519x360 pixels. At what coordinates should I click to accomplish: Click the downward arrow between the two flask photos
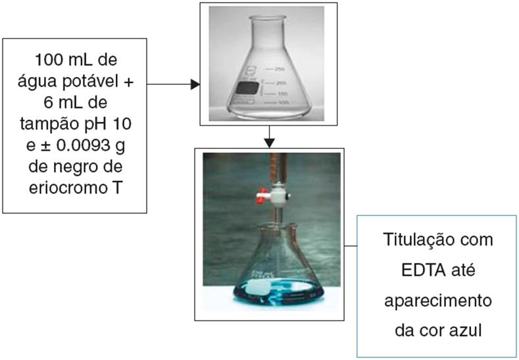(x=270, y=136)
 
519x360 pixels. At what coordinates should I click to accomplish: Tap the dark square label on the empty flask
(x=247, y=88)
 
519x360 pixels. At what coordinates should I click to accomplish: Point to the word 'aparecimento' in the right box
(x=437, y=300)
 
